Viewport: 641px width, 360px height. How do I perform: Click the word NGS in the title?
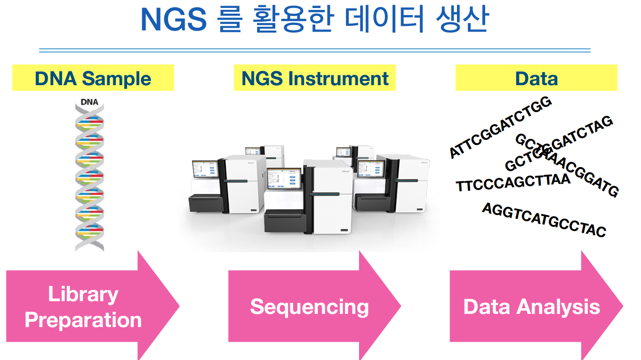(173, 20)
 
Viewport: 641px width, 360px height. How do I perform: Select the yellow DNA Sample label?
(93, 78)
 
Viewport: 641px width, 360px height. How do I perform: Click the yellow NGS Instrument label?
(315, 78)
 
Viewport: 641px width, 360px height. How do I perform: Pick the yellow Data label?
(536, 78)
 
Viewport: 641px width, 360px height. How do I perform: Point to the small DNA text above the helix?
(89, 102)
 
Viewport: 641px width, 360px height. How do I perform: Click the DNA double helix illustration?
(89, 179)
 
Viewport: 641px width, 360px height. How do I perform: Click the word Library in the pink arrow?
(83, 295)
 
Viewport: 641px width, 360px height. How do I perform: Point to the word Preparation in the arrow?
(83, 320)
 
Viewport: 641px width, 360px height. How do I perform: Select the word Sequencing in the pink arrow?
(309, 307)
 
